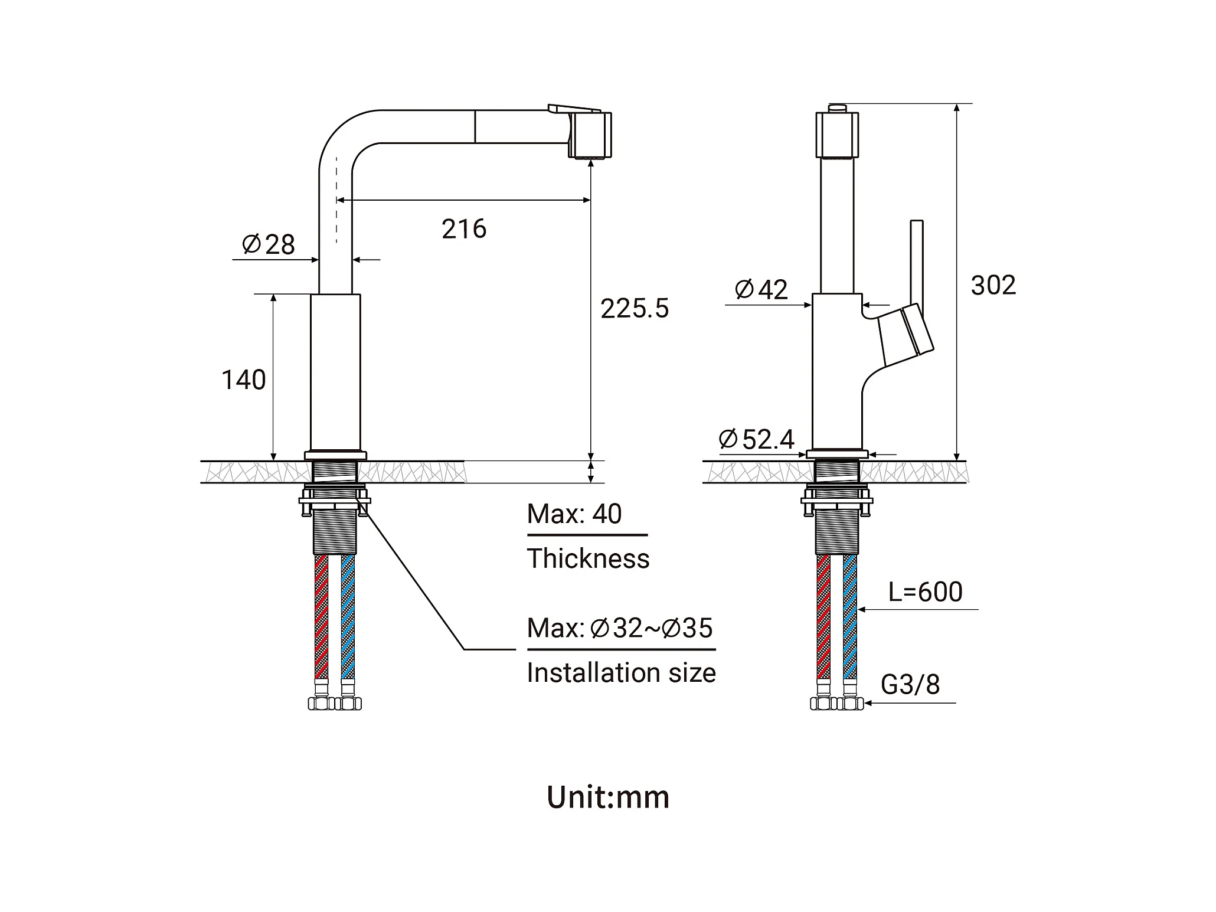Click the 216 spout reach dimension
tap(464, 229)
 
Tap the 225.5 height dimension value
tap(635, 309)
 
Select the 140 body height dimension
tap(243, 380)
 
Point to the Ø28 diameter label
tap(269, 244)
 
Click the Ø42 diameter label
tap(761, 290)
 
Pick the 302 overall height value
tap(993, 286)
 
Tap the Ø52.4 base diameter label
tap(756, 439)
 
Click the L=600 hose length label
tap(925, 591)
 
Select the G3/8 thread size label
tap(910, 685)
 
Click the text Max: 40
tap(574, 514)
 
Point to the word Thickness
tap(588, 559)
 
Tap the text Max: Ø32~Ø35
tap(620, 628)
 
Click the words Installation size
tap(621, 673)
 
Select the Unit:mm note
tap(608, 797)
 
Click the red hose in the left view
tap(321, 617)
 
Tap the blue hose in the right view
tap(850, 617)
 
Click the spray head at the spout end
tap(590, 135)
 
